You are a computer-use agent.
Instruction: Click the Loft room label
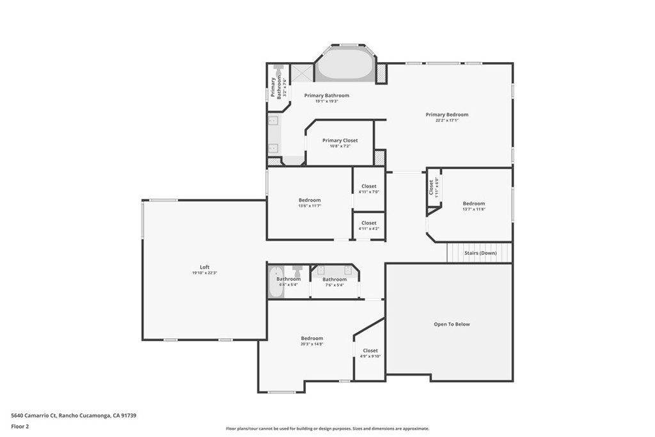[205, 267]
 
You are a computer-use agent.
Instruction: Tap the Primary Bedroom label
[447, 115]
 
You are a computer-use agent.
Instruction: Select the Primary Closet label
[340, 140]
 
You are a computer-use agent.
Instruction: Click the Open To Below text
[452, 324]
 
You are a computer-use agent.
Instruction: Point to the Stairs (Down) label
[480, 253]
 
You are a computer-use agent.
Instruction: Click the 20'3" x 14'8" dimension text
[312, 344]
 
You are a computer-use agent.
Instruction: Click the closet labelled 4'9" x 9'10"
[370, 351]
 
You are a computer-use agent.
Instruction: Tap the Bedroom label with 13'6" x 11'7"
[310, 200]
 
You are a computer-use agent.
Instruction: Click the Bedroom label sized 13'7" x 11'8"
[474, 203]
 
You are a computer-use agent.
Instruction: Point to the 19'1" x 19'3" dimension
[326, 101]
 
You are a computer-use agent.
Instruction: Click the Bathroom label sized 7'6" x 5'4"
[335, 280]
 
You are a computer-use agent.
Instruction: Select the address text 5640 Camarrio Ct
[74, 415]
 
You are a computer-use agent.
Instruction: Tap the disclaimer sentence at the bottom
[327, 429]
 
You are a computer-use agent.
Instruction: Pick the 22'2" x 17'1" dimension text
[447, 120]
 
